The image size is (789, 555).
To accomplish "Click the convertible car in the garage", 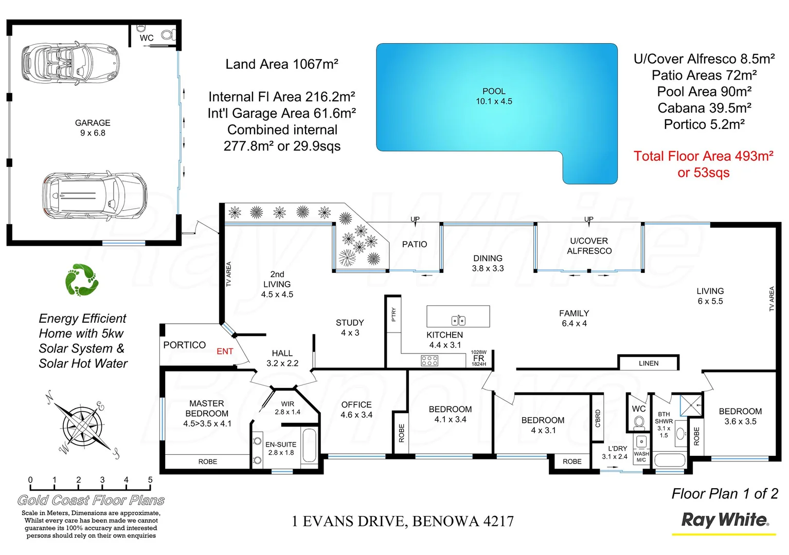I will click(70, 63).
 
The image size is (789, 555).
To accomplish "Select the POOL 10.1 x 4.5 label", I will click(494, 96).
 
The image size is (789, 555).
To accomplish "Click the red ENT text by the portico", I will click(225, 351).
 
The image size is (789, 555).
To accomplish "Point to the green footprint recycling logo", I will click(81, 280).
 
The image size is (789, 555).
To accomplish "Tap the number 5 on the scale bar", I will click(150, 480).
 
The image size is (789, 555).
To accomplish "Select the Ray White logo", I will click(725, 520).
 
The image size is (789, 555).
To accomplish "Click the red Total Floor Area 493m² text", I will click(703, 156).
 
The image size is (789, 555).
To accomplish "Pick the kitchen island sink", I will click(458, 321).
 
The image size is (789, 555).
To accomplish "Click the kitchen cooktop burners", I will click(429, 361).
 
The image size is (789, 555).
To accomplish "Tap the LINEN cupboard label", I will click(649, 363).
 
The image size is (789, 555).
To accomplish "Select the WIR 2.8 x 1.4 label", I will click(288, 408).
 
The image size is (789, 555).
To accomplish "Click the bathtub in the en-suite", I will click(309, 446).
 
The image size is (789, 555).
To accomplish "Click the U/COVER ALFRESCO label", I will click(589, 246).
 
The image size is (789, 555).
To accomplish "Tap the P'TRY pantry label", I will click(394, 314).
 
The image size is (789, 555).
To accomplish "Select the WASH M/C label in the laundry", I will click(641, 457).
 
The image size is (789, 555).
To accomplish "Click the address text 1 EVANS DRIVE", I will click(402, 522).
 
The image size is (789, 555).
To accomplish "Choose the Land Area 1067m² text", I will click(282, 64).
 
